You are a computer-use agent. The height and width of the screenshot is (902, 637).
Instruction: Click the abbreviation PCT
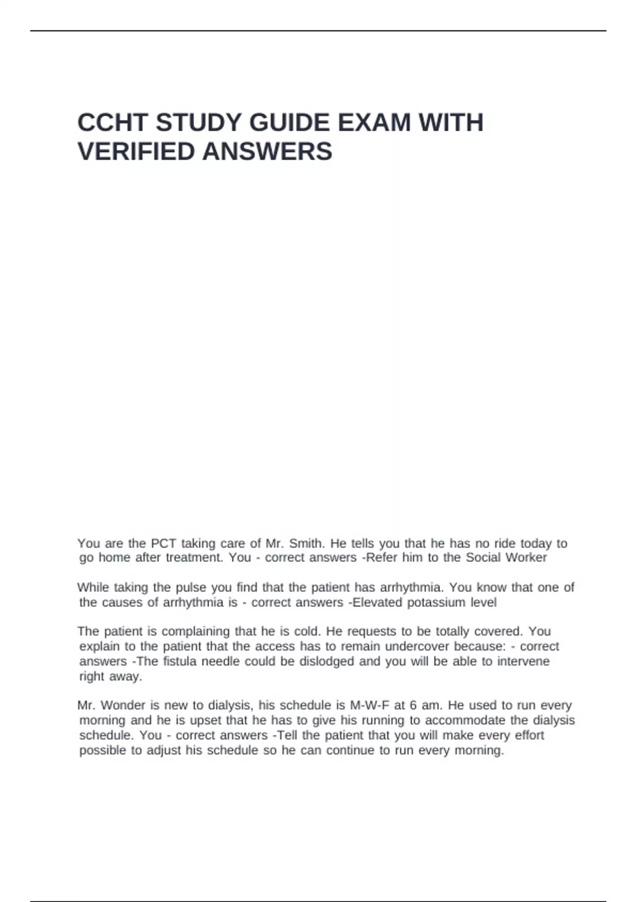[163, 543]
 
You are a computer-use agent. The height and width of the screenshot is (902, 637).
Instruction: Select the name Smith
[306, 543]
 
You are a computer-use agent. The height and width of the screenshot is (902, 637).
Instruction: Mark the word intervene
[523, 662]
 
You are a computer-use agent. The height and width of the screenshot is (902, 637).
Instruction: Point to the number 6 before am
[414, 706]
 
